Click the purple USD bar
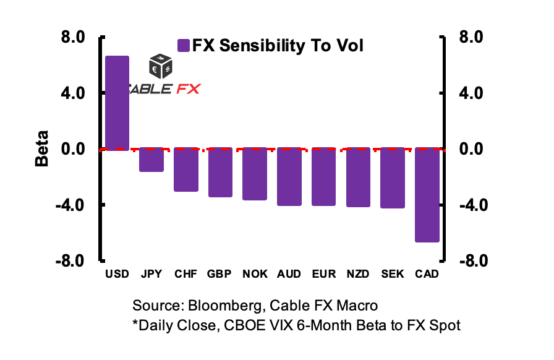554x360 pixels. tap(117, 103)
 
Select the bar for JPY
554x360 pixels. tap(151, 160)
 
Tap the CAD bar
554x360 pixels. tap(427, 195)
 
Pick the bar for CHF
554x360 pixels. tap(186, 169)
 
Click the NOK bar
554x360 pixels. tap(255, 174)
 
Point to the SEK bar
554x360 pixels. tap(393, 178)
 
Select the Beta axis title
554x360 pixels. tap(41, 149)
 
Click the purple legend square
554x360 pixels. tap(183, 46)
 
